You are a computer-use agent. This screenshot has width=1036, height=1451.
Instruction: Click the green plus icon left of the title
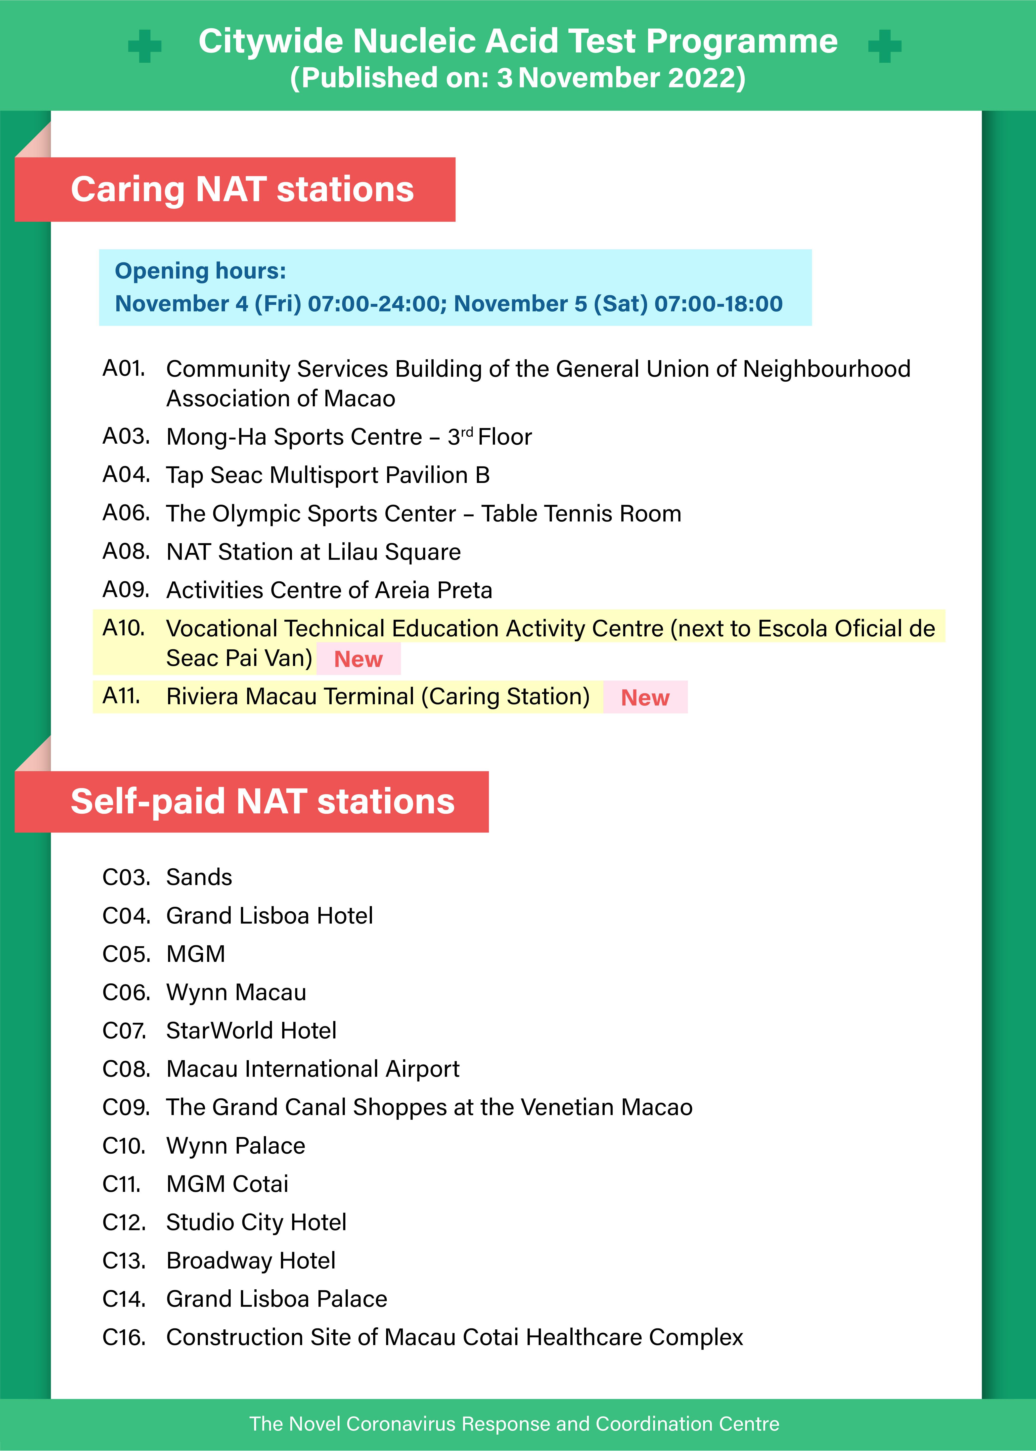[x=145, y=46]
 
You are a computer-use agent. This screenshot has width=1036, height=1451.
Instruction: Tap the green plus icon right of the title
[x=885, y=46]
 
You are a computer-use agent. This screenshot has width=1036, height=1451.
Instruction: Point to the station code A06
[x=126, y=513]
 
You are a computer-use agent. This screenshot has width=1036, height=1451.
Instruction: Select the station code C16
[x=124, y=1337]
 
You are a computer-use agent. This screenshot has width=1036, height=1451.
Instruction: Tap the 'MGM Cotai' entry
[x=227, y=1184]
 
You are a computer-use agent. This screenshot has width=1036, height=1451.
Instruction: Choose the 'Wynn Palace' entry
[x=235, y=1145]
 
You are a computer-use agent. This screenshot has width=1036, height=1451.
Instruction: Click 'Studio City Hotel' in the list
[x=256, y=1222]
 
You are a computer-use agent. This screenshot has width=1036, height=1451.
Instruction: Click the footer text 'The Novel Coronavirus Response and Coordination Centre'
[x=514, y=1424]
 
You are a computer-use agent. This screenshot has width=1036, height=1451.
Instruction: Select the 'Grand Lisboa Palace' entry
[x=276, y=1299]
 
